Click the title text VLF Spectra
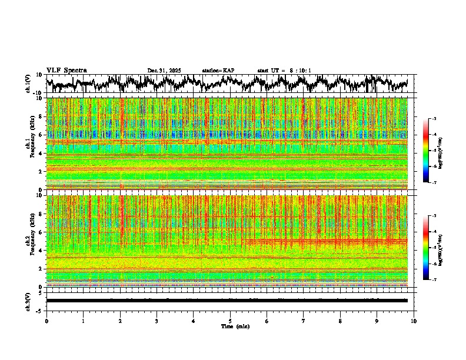tap(66, 70)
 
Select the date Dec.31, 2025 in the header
tap(164, 71)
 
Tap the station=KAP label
tap(218, 71)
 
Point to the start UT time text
tap(284, 71)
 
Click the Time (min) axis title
tap(235, 326)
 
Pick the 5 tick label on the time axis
tap(230, 321)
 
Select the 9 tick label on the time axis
tap(377, 321)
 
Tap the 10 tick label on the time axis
tap(414, 321)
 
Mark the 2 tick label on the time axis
tap(120, 321)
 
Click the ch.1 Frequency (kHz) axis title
tap(31, 144)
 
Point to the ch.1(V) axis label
tap(28, 84)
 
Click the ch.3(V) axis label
tap(28, 301)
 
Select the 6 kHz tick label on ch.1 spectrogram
tap(41, 135)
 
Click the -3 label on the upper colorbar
tap(433, 119)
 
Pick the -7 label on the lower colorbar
tap(433, 280)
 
